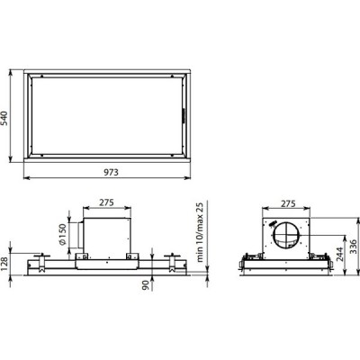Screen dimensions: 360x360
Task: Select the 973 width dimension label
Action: (111, 172)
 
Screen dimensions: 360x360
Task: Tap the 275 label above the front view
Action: (107, 202)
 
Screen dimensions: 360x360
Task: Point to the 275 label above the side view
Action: (288, 203)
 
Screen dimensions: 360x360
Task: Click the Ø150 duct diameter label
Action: (62, 234)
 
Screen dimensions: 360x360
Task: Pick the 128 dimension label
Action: (5, 263)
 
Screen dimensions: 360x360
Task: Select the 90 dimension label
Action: (146, 285)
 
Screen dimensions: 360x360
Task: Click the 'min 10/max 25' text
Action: (200, 232)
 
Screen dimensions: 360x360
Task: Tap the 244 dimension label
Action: (339, 254)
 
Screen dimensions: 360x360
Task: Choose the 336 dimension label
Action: (354, 247)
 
